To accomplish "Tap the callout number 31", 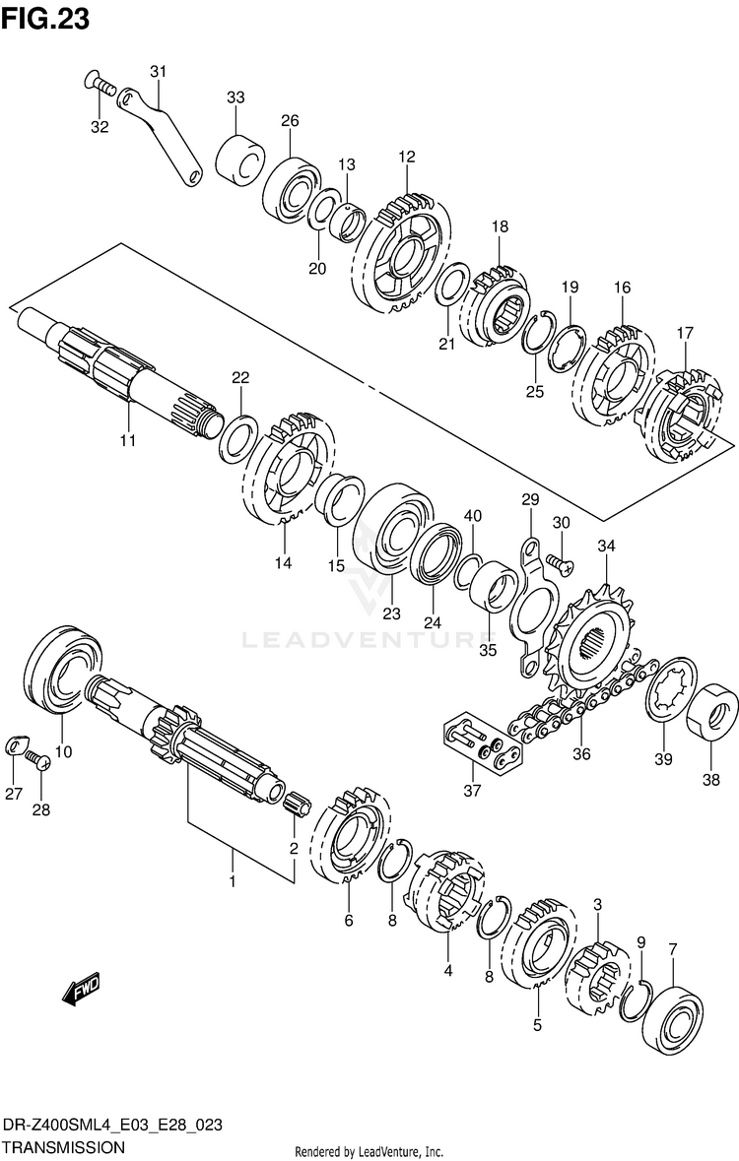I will point(159,71).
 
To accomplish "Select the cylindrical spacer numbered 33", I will point(239,157).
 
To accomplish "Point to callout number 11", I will point(127,439).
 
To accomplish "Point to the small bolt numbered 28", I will point(39,760).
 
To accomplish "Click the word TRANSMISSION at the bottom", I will point(64,1147).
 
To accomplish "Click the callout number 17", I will point(685,333).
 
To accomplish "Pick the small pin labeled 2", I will point(297,806).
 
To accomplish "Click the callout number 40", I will point(473,516).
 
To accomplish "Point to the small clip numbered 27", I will point(15,744).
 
